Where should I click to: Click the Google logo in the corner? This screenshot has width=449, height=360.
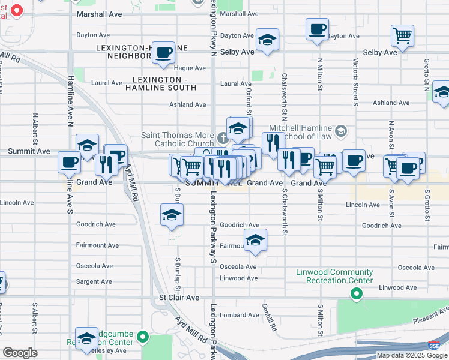(x=20, y=353)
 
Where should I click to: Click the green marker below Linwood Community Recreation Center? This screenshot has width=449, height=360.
(x=357, y=293)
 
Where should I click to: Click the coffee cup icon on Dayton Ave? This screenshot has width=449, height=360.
(x=317, y=28)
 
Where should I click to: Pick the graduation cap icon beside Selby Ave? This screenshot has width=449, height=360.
(x=267, y=40)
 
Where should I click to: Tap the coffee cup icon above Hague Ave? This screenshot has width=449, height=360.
(x=163, y=52)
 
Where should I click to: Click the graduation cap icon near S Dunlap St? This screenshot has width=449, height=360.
(x=172, y=215)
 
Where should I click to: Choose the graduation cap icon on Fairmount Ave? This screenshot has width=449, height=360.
(x=255, y=239)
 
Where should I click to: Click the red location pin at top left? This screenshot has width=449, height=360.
(x=17, y=10)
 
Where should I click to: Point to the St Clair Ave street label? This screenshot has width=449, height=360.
(x=179, y=298)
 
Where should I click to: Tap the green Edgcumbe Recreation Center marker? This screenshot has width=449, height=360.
(x=143, y=337)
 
